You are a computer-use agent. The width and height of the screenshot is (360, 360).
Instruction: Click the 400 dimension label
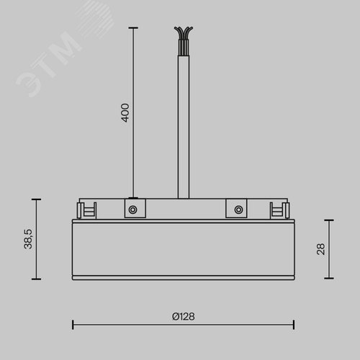[125, 113]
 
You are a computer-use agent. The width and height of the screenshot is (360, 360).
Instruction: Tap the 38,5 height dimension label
[28, 239]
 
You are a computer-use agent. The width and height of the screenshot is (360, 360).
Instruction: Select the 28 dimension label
[320, 249]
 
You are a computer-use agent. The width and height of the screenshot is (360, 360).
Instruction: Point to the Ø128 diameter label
[184, 317]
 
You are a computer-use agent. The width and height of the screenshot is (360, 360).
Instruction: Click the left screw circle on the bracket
[132, 210]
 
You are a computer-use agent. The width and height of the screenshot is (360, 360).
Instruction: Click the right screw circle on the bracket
[238, 210]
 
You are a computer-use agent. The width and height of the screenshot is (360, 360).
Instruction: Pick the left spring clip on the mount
[86, 210]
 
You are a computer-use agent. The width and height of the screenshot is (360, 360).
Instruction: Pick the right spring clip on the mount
[279, 210]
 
